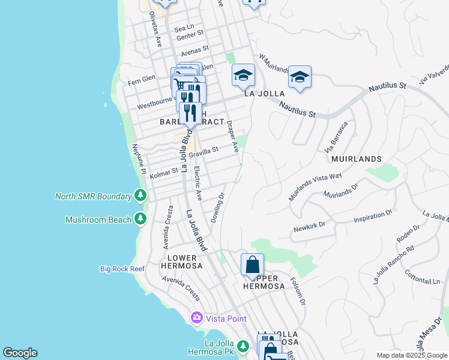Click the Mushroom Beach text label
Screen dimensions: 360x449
pyautogui.click(x=98, y=220)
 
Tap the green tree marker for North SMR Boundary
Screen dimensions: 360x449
pyautogui.click(x=140, y=196)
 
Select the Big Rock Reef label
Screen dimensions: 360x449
pyautogui.click(x=122, y=269)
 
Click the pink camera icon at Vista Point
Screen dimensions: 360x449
pyautogui.click(x=196, y=317)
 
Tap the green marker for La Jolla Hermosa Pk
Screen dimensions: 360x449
pyautogui.click(x=243, y=346)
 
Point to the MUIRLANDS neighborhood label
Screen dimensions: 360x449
pyautogui.click(x=356, y=159)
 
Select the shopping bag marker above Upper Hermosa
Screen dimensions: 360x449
pyautogui.click(x=252, y=265)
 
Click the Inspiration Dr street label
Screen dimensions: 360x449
pyautogui.click(x=372, y=215)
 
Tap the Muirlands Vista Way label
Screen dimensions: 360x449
pyautogui.click(x=315, y=186)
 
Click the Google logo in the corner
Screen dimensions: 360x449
pyautogui.click(x=20, y=353)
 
